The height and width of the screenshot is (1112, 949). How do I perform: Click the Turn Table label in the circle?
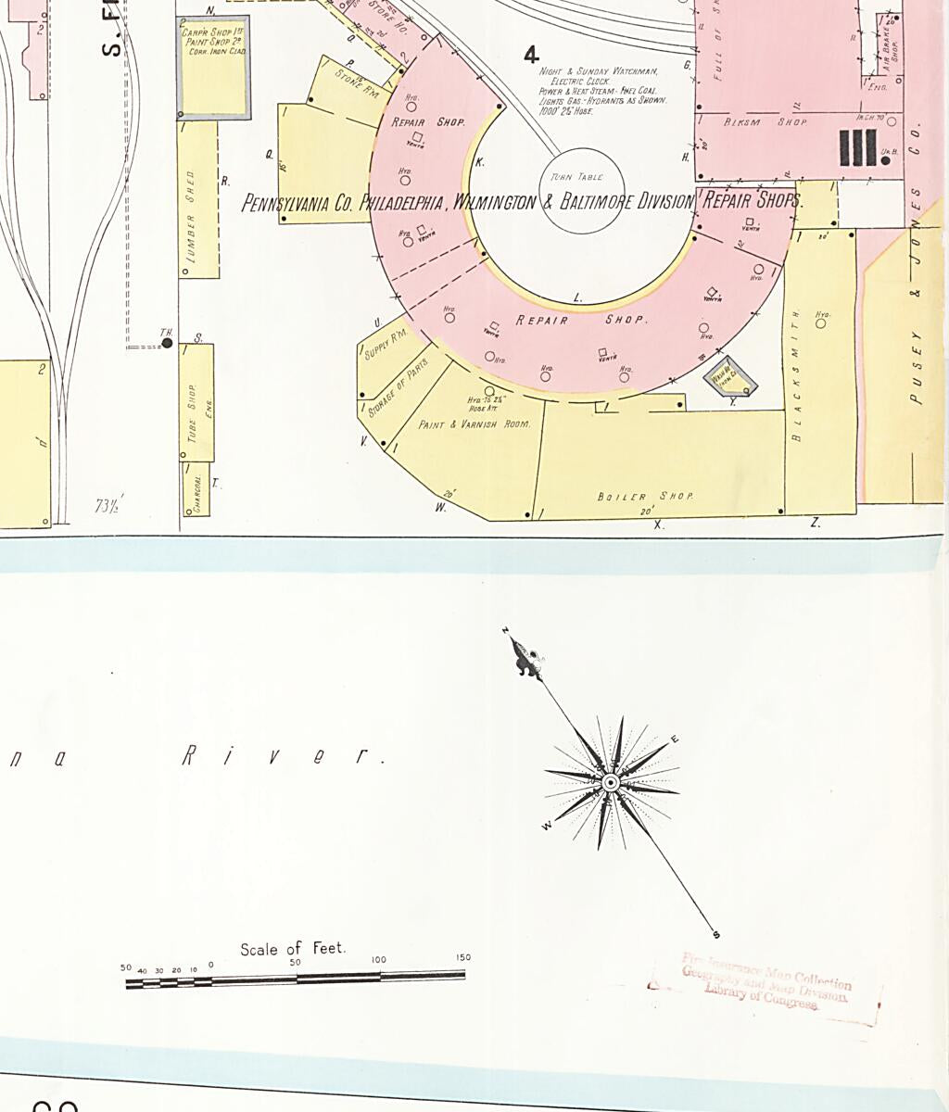click(x=576, y=177)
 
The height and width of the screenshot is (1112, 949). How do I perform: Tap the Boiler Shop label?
click(x=645, y=497)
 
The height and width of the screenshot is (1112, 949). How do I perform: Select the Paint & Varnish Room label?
click(x=474, y=424)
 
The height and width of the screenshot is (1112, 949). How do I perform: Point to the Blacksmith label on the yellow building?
click(x=795, y=375)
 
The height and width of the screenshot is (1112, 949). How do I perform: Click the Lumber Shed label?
click(x=192, y=217)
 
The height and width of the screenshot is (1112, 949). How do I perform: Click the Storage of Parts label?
click(x=399, y=385)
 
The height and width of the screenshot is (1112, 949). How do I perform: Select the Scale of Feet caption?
click(x=292, y=949)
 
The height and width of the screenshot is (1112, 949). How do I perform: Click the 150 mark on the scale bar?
click(x=462, y=957)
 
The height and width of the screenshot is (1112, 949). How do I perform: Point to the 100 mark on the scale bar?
click(x=379, y=959)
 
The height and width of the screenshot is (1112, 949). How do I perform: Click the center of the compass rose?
click(x=611, y=783)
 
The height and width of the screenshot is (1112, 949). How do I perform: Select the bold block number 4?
click(x=531, y=56)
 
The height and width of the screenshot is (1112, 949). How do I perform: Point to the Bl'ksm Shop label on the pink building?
click(x=752, y=121)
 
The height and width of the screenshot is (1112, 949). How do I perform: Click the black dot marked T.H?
click(x=167, y=344)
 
